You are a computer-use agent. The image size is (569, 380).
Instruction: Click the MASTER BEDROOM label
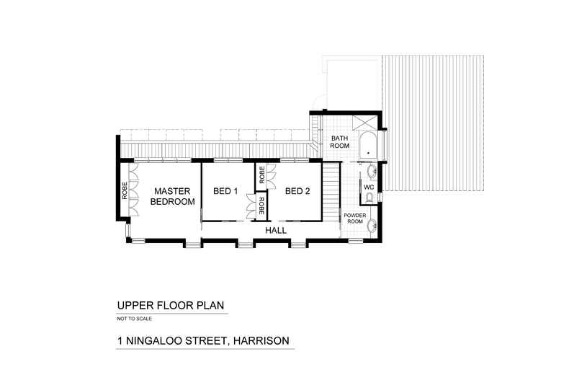[172, 196]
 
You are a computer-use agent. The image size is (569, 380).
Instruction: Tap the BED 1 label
[225, 191]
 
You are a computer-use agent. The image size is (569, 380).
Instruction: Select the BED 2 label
[297, 191]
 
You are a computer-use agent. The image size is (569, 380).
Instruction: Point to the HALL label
[276, 230]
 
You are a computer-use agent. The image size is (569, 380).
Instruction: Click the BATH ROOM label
[339, 141]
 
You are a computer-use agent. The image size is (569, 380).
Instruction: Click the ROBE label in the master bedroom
[124, 190]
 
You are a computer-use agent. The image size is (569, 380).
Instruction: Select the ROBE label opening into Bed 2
[262, 174]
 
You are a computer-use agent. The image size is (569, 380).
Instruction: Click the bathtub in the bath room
[367, 144]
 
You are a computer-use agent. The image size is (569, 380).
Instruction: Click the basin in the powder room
[372, 226]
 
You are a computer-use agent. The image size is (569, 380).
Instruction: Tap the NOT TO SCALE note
[135, 319]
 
